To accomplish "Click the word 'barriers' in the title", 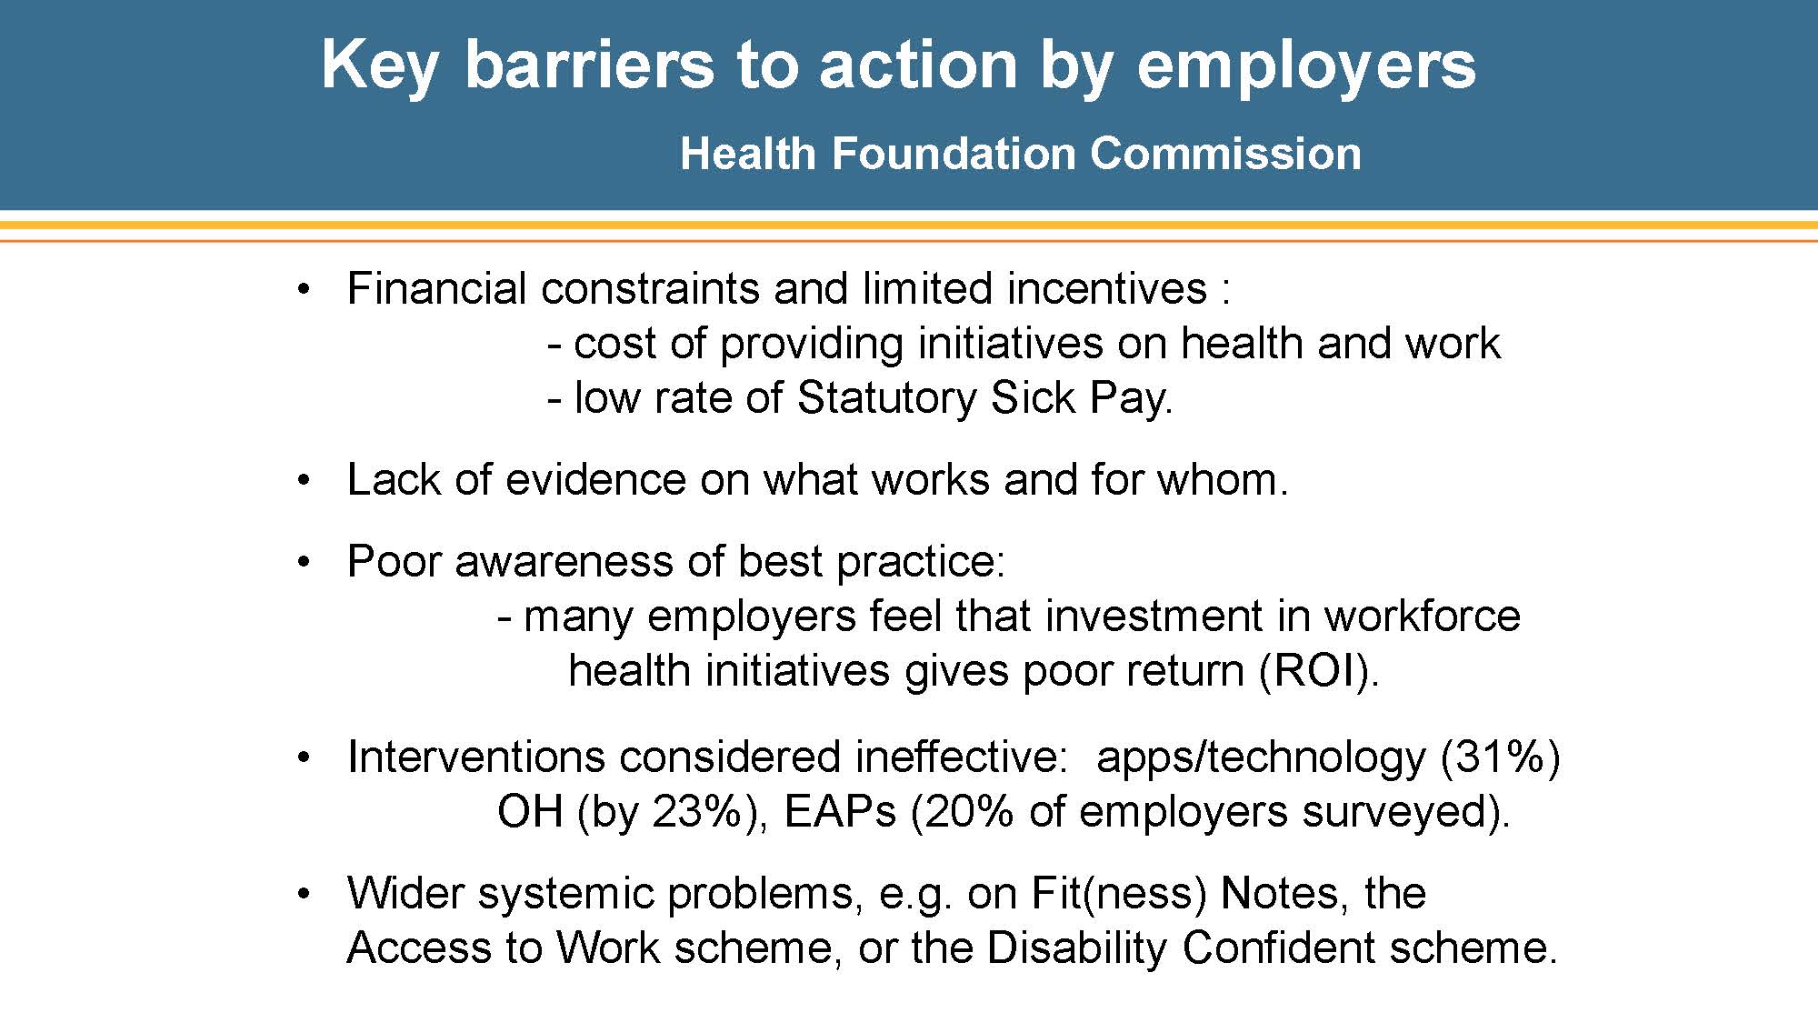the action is coord(589,65).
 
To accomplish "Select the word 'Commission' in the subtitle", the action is coord(1225,153).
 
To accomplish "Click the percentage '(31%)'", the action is coord(1501,757).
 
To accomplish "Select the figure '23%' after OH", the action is coord(697,811).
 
